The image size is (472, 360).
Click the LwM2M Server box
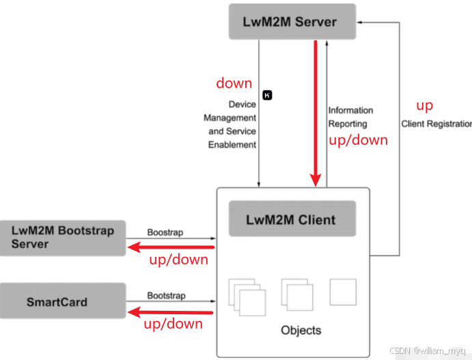[x=292, y=22]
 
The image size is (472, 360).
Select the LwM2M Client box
[x=292, y=219]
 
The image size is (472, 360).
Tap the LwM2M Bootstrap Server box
[x=63, y=237]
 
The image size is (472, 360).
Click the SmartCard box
[x=63, y=301]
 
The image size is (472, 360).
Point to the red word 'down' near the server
[x=234, y=83]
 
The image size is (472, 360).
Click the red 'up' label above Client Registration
[x=424, y=106]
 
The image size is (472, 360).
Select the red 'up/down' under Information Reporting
[x=358, y=140]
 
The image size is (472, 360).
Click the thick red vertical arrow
[x=316, y=113]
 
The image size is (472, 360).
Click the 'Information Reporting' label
[x=351, y=117]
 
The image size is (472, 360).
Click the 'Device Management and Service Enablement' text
[x=232, y=124]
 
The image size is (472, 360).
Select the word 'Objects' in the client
[x=301, y=330]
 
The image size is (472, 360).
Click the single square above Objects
[x=343, y=292]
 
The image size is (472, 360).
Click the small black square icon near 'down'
[x=267, y=95]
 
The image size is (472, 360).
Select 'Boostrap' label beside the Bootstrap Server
[x=165, y=232]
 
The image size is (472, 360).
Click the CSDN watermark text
[x=429, y=350]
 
